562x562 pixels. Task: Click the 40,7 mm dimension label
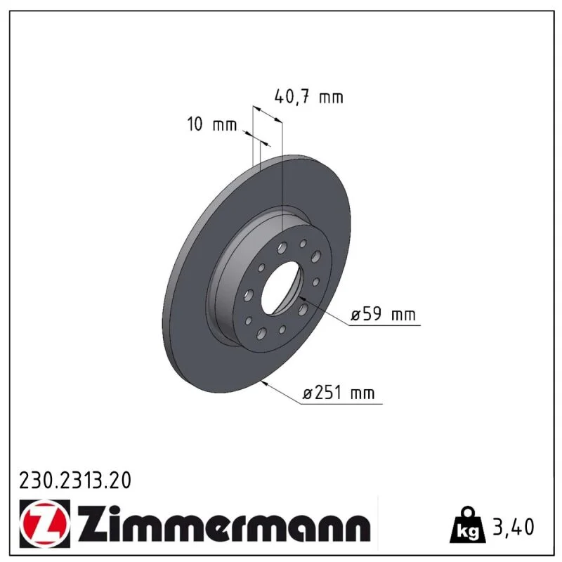(x=308, y=97)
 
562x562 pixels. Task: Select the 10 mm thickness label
(x=212, y=124)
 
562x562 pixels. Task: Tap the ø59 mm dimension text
(x=383, y=314)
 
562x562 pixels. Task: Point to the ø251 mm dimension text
(x=339, y=393)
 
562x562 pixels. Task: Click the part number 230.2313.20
(x=75, y=481)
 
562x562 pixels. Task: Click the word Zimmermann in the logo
(x=224, y=523)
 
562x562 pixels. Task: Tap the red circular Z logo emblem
(x=44, y=523)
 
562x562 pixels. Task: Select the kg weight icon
(x=467, y=525)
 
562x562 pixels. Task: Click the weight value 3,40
(x=514, y=527)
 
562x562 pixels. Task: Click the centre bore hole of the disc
(x=282, y=288)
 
